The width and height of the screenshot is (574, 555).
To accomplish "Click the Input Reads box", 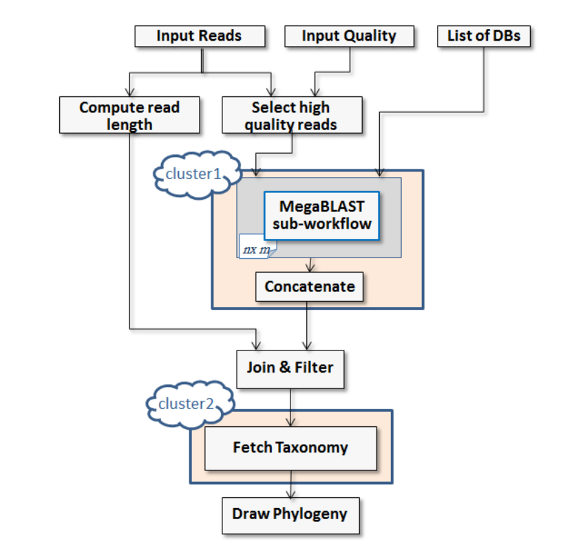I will pyautogui.click(x=200, y=36).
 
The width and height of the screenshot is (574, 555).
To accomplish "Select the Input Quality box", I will pyautogui.click(x=349, y=36).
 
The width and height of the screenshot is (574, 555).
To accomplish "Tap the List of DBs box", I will pyautogui.click(x=484, y=36).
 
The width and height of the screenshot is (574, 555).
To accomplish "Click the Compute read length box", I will pyautogui.click(x=129, y=115).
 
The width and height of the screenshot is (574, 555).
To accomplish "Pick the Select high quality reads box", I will pyautogui.click(x=291, y=115).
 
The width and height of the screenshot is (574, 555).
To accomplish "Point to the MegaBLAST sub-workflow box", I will pyautogui.click(x=321, y=215).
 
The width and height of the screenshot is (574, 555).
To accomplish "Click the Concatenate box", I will pyautogui.click(x=309, y=286).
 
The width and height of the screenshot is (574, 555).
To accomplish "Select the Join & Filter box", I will pyautogui.click(x=290, y=368).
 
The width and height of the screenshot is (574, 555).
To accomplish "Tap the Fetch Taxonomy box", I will pyautogui.click(x=290, y=448).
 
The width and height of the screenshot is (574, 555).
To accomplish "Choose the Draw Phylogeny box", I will pyautogui.click(x=290, y=514).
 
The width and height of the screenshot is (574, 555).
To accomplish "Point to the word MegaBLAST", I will pyautogui.click(x=321, y=206).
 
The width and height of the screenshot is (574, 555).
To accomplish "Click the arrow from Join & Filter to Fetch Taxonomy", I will pyautogui.click(x=293, y=406).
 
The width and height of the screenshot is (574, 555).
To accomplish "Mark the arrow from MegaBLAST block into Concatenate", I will pyautogui.click(x=311, y=265).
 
